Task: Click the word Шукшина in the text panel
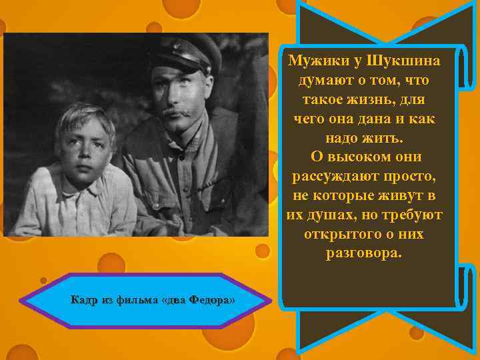click(408, 61)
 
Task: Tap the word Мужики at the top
click(317, 61)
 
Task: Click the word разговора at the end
click(364, 255)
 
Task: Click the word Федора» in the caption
click(213, 300)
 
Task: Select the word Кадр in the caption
click(84, 300)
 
